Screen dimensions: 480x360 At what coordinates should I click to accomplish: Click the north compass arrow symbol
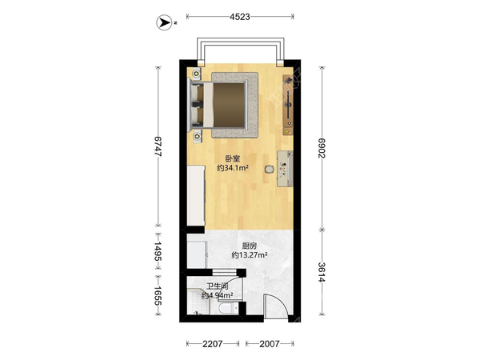point(164,22)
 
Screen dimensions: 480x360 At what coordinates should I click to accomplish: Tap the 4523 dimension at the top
point(240,17)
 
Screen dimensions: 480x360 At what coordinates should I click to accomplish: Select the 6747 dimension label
point(158,146)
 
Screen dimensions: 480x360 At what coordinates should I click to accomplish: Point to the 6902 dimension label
point(322,148)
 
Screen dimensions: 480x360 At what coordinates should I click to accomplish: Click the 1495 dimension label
point(158,251)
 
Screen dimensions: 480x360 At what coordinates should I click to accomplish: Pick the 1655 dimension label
point(158,295)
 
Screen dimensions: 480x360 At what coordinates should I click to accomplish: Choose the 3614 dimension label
point(322,272)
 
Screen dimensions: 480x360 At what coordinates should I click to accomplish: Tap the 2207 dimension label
point(213,344)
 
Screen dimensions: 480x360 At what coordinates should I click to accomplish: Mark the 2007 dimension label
point(270,344)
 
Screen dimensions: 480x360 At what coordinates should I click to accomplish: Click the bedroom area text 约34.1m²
point(232,168)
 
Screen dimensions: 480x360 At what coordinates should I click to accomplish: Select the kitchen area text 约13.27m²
point(250,254)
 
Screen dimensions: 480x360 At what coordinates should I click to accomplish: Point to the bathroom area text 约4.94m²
point(218,295)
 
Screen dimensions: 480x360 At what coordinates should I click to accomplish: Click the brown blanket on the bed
point(229,105)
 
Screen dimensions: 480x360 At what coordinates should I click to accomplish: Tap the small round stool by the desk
point(270,170)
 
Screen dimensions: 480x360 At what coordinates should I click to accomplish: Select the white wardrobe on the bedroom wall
point(196,196)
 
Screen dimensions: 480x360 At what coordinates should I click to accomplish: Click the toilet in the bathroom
point(227,308)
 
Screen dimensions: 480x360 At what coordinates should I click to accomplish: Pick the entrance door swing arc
point(280,302)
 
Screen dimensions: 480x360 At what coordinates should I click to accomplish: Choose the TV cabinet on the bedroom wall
point(288,104)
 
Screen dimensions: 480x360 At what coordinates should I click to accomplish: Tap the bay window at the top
point(240,51)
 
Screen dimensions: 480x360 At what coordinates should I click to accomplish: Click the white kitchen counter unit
point(196,254)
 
